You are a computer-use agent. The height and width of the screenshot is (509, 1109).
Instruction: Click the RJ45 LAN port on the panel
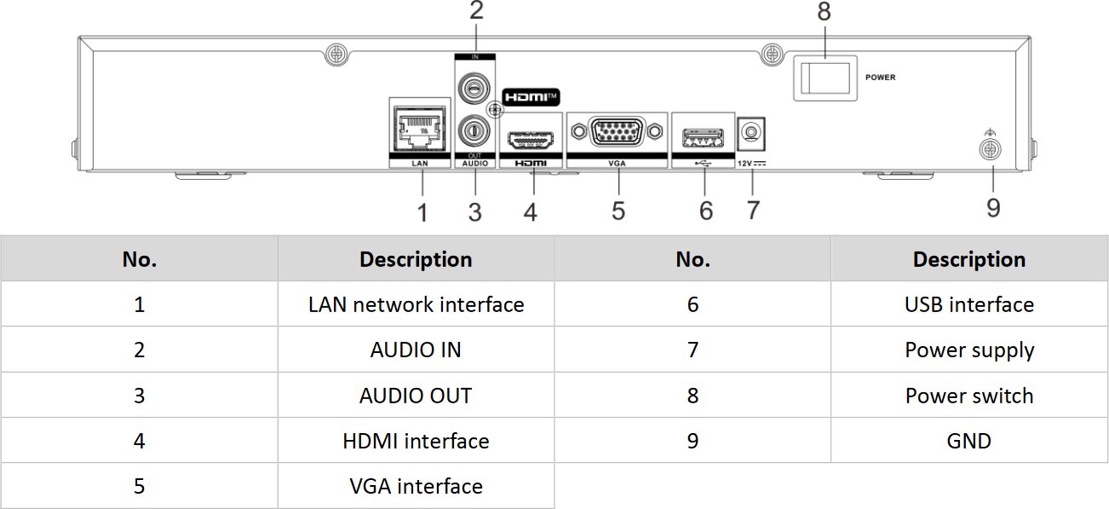pyautogui.click(x=417, y=130)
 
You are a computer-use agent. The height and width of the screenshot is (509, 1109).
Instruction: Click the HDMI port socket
pyautogui.click(x=531, y=139)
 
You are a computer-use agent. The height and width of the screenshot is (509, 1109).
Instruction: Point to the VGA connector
pyautogui.click(x=617, y=132)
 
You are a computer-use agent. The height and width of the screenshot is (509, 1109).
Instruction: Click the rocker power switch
pyautogui.click(x=821, y=79)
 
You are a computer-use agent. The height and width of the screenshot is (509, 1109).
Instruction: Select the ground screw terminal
pyautogui.click(x=990, y=150)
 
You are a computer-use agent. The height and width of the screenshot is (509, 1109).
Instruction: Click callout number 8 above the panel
pyautogui.click(x=823, y=12)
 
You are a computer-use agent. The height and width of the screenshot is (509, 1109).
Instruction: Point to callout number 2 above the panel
pyautogui.click(x=476, y=11)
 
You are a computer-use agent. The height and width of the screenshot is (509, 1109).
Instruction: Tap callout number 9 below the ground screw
pyautogui.click(x=993, y=207)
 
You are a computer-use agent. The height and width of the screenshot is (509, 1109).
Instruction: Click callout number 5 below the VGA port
pyautogui.click(x=618, y=210)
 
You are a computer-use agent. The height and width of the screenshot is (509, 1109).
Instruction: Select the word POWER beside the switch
pyautogui.click(x=880, y=78)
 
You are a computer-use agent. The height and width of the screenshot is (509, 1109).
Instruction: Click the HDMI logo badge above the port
pyautogui.click(x=532, y=97)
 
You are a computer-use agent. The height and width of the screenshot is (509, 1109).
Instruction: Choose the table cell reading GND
pyautogui.click(x=969, y=441)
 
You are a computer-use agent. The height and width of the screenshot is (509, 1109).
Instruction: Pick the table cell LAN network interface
pyautogui.click(x=416, y=304)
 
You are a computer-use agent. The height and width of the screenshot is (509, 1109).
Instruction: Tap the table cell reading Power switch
pyautogui.click(x=969, y=396)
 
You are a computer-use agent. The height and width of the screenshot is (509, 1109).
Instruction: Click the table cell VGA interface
pyautogui.click(x=416, y=486)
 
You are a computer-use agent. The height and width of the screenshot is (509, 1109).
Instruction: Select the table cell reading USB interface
pyautogui.click(x=969, y=304)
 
